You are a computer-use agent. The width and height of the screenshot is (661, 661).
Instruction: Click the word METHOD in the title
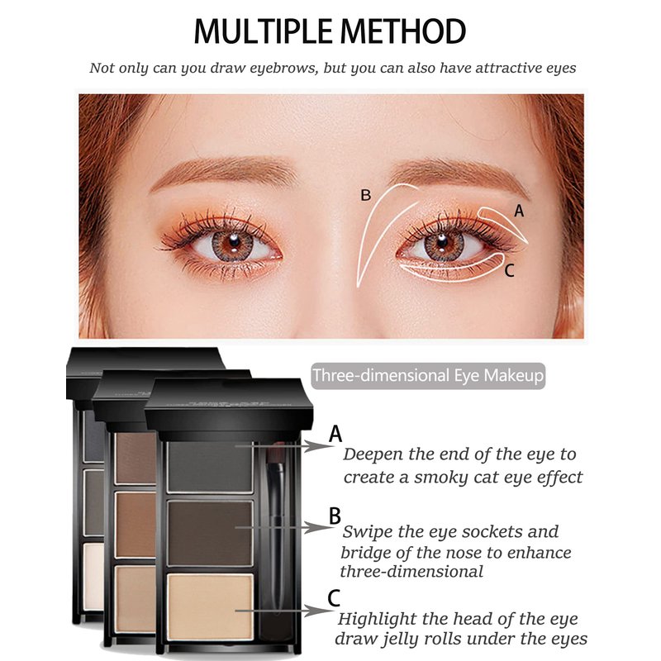tap(403, 31)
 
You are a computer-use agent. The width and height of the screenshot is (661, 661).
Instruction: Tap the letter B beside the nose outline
tap(365, 195)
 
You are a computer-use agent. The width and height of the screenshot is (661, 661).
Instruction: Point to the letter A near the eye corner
tap(519, 211)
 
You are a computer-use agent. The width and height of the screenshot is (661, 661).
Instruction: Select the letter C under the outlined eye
tap(509, 271)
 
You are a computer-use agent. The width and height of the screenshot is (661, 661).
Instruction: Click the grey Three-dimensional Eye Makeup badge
tap(428, 376)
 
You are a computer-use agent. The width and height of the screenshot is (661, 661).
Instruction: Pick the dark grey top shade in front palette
tap(210, 467)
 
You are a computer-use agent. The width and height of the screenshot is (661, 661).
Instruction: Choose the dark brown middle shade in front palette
tap(210, 532)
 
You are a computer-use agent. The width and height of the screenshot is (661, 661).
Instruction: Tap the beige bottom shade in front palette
tap(210, 606)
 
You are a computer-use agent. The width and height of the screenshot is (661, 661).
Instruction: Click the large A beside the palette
tap(335, 434)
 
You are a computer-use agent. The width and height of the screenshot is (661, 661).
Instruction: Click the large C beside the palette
tap(334, 598)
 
